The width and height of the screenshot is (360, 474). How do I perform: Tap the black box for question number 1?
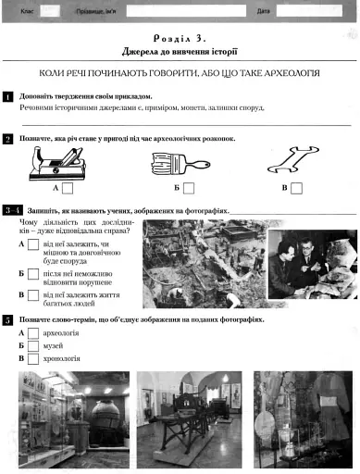(7, 95)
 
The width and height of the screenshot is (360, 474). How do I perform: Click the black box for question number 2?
(7, 138)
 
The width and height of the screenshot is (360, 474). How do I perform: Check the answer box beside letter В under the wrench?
(295, 188)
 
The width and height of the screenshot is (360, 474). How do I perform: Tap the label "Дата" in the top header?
(263, 10)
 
